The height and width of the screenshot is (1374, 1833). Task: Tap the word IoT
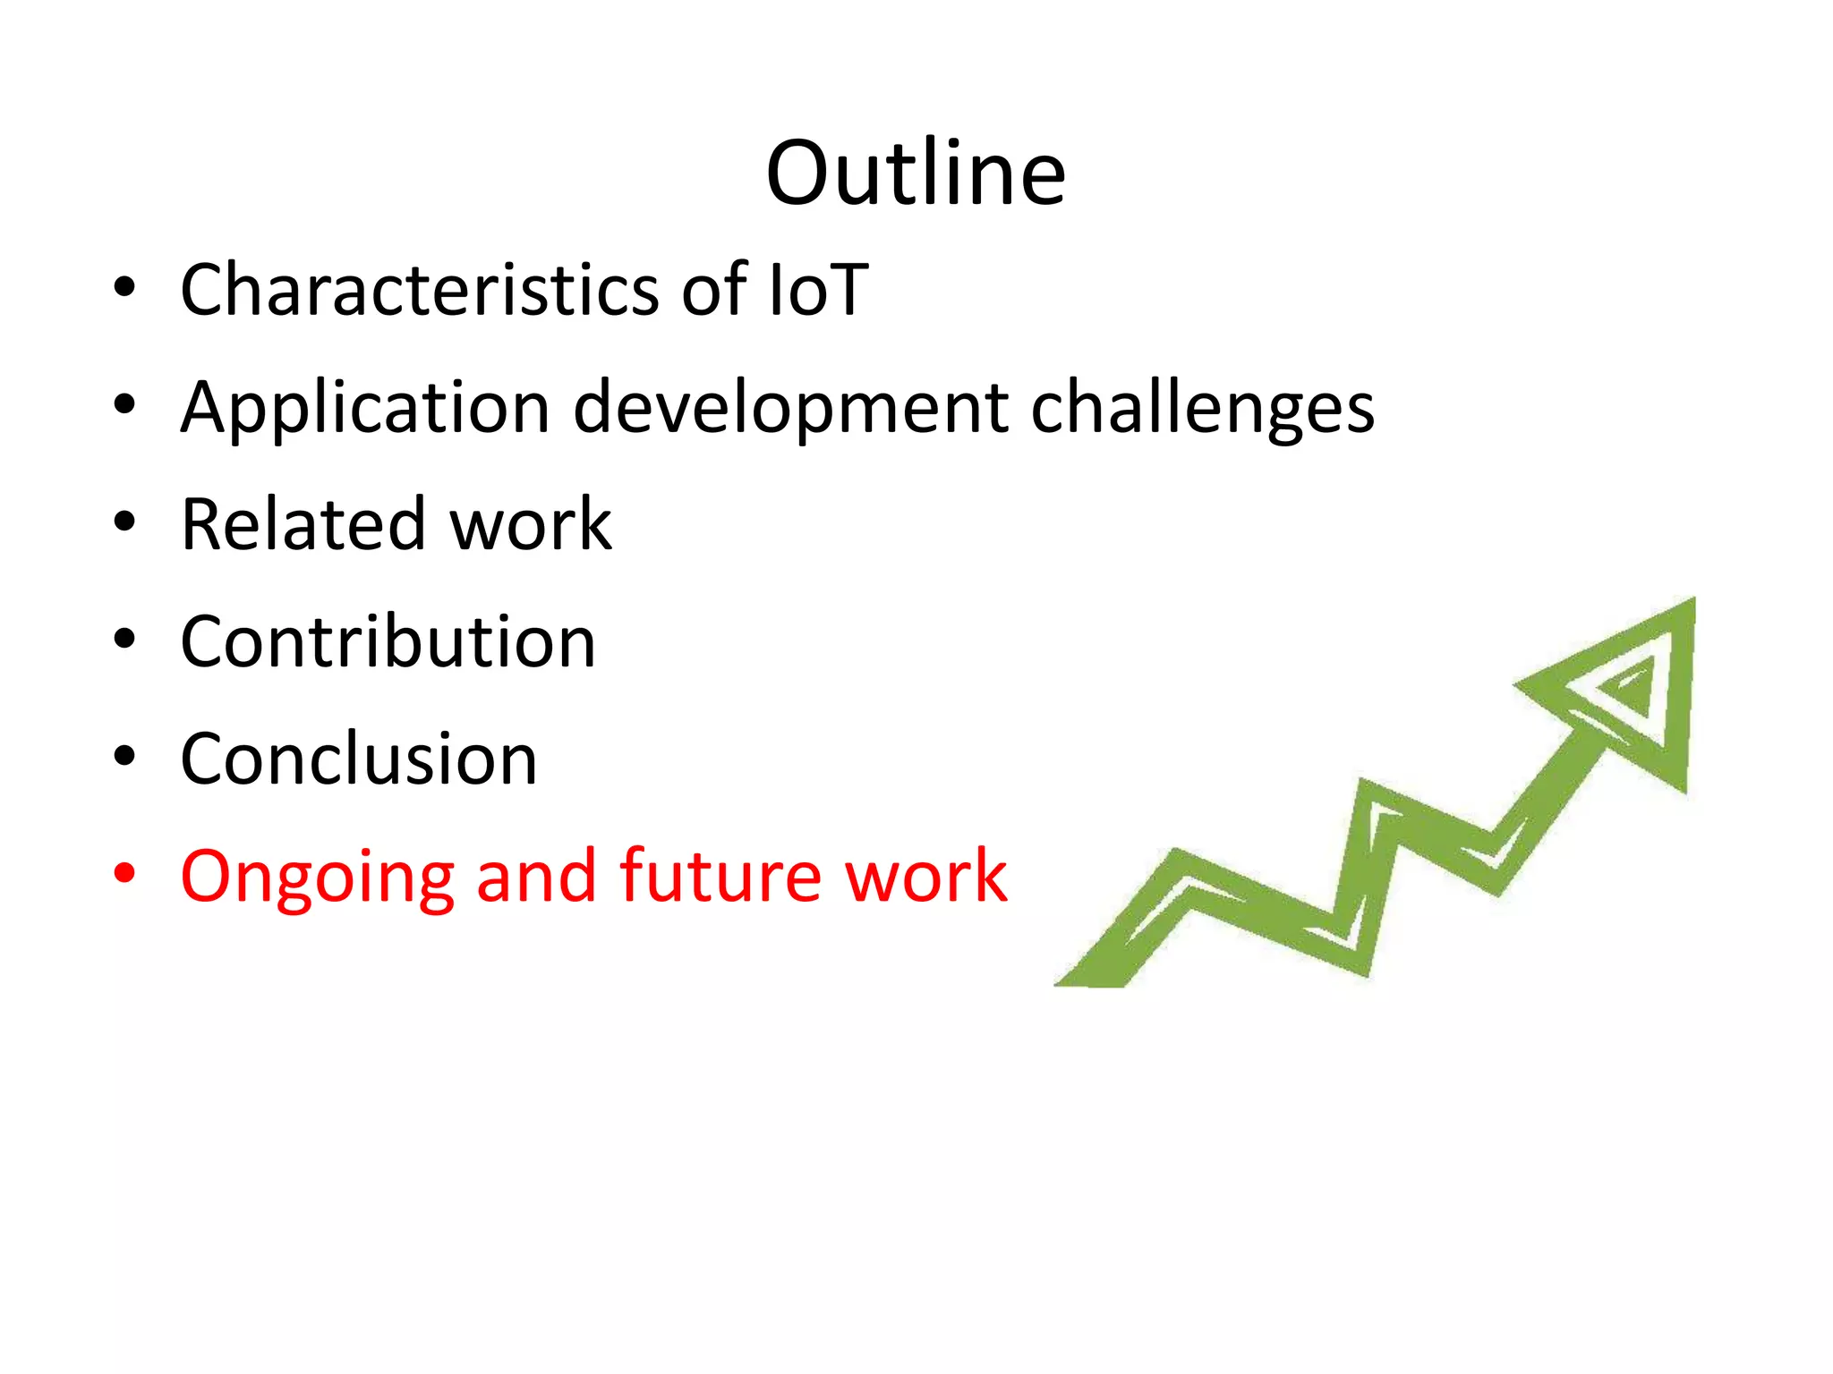[818, 290]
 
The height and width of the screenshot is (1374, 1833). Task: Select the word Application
[365, 408]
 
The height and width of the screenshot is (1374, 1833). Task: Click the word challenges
[1202, 408]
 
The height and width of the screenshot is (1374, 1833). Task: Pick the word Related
[302, 524]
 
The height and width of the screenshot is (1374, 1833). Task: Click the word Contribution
[388, 642]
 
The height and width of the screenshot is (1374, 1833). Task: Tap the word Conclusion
[358, 759]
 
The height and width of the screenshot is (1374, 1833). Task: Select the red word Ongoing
[317, 877]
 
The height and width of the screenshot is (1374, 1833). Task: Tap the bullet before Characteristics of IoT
[124, 287]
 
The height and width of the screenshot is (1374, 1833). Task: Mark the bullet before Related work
[124, 522]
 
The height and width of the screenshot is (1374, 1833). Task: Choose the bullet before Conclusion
[124, 756]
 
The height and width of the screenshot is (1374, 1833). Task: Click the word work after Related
[530, 524]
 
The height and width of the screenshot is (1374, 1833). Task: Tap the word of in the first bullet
[713, 290]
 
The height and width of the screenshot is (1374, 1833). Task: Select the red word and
[535, 877]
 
